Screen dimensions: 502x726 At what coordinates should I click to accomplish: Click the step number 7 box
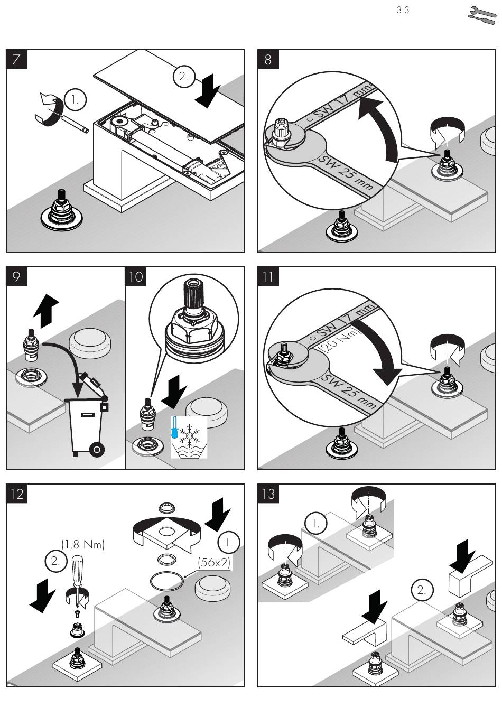(x=16, y=59)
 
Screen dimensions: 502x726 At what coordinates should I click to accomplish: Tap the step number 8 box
(x=268, y=59)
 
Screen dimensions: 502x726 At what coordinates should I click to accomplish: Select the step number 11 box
(x=268, y=276)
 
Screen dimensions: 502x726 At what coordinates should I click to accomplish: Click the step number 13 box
(x=268, y=494)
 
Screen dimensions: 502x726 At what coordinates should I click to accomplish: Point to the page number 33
(x=403, y=10)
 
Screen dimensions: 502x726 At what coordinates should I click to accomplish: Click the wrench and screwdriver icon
(x=482, y=15)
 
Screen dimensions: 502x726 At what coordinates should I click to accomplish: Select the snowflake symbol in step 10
(x=189, y=433)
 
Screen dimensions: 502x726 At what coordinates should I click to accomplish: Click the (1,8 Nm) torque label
(x=83, y=544)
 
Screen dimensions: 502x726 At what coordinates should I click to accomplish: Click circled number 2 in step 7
(x=183, y=77)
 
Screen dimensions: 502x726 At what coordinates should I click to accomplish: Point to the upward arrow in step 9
(x=46, y=311)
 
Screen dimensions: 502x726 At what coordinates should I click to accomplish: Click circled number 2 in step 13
(x=421, y=590)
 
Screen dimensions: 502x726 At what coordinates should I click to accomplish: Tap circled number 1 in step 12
(x=229, y=542)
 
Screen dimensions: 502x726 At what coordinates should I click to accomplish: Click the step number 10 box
(x=136, y=276)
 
